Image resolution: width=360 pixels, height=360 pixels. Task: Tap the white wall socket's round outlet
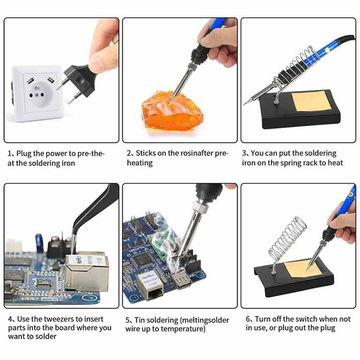(41, 95)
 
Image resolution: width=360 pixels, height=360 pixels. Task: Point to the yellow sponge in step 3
(311, 102)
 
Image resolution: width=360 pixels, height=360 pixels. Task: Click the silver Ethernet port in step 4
(87, 272)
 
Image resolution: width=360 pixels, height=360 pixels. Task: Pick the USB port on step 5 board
(181, 280)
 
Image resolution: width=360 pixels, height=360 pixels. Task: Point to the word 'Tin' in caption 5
(139, 320)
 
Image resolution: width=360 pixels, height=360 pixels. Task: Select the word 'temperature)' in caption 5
(183, 329)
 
